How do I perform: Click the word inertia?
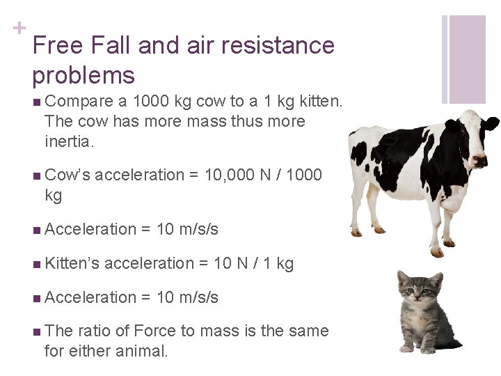coord(67,142)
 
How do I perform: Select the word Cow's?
coord(67,175)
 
